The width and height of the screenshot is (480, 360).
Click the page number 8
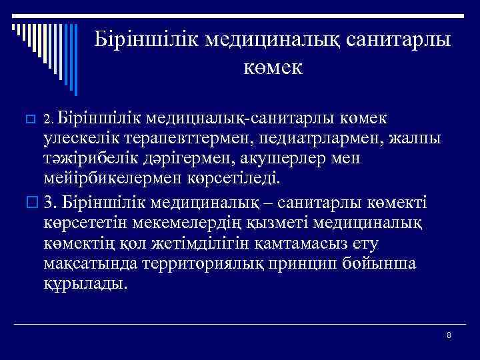[449, 335]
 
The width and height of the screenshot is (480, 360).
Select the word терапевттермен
[181, 139]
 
